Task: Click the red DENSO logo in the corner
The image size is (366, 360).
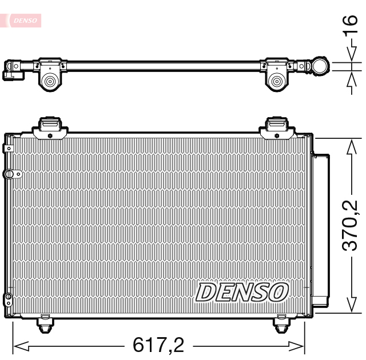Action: click(x=23, y=20)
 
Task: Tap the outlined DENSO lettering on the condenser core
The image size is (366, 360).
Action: click(x=241, y=292)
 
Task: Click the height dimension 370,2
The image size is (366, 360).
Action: click(x=350, y=225)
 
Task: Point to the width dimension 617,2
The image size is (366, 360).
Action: click(x=158, y=345)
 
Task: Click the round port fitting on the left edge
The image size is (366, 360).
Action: click(x=9, y=174)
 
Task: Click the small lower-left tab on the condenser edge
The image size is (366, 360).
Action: click(x=8, y=298)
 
